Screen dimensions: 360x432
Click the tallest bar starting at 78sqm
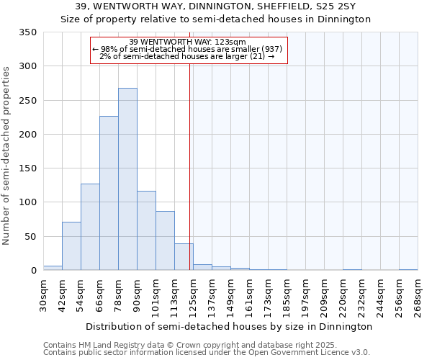tap(127, 179)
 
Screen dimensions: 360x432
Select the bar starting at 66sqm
tap(109, 193)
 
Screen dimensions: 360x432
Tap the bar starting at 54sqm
tap(90, 227)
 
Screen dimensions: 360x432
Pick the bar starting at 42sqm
tap(71, 246)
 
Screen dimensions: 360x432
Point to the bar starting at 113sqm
tap(184, 257)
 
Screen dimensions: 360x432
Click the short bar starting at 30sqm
tap(53, 268)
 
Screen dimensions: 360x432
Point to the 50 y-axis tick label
tap(30, 236)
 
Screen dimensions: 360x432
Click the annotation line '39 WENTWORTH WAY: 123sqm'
tap(188, 42)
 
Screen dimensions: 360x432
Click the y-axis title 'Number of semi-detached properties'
tap(7, 155)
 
